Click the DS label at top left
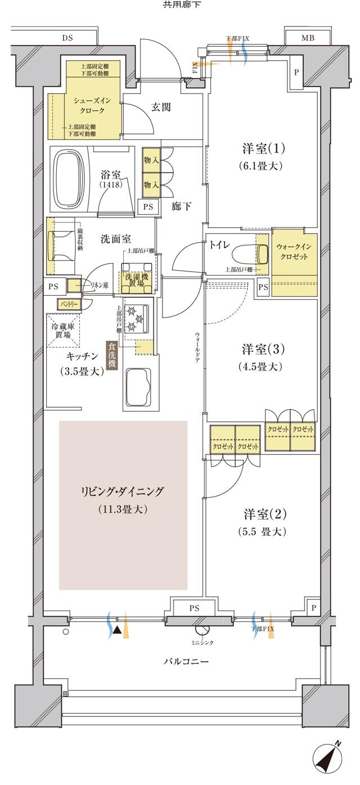click(x=67, y=38)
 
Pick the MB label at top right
click(x=308, y=38)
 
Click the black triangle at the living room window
click(x=116, y=631)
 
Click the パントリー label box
click(x=68, y=304)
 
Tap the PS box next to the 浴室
click(x=148, y=206)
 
